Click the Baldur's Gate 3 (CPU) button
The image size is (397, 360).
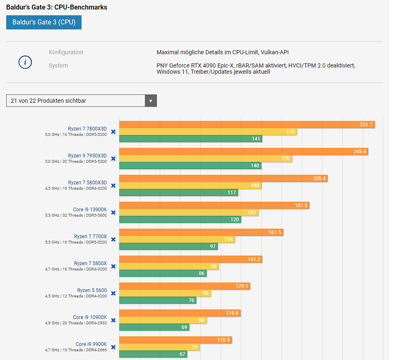click(44, 22)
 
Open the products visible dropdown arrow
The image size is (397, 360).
click(151, 101)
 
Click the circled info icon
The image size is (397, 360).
click(25, 62)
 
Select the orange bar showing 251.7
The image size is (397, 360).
click(247, 124)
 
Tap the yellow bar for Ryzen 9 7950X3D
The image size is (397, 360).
click(205, 159)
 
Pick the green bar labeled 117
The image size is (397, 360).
click(178, 193)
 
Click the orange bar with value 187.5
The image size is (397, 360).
click(214, 205)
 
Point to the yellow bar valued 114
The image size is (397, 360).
click(177, 239)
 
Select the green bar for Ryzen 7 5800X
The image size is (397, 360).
click(163, 273)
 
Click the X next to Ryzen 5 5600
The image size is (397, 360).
click(113, 293)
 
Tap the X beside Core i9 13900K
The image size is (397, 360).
click(113, 213)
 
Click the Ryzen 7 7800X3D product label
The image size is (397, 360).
click(87, 129)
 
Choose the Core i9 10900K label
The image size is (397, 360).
click(90, 317)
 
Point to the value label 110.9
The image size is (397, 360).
click(223, 340)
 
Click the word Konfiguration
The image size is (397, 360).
click(66, 52)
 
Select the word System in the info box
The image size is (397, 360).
click(58, 65)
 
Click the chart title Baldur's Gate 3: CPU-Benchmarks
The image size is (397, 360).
click(57, 7)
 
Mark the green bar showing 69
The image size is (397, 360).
click(154, 327)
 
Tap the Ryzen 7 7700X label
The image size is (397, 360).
click(90, 237)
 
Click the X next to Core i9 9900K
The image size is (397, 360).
click(113, 347)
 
